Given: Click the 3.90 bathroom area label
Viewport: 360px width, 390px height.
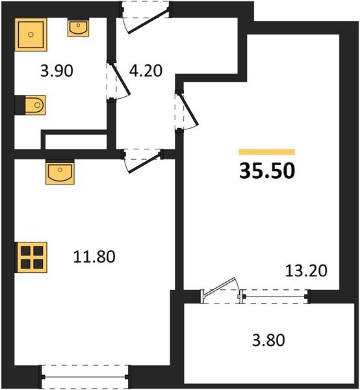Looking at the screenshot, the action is click(x=57, y=71).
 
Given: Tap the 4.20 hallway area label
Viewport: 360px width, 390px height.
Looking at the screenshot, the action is click(x=146, y=70).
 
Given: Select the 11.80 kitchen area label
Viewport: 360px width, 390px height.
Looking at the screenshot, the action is click(x=94, y=257).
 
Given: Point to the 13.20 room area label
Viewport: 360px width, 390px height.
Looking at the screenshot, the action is click(x=306, y=270).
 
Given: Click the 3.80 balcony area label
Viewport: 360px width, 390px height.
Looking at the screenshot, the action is click(x=268, y=340).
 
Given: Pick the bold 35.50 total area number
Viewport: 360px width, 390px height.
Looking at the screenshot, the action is click(x=267, y=171).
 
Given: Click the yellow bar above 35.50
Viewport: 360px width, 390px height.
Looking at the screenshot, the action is click(x=267, y=151).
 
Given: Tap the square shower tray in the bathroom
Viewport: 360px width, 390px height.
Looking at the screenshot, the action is click(x=31, y=34).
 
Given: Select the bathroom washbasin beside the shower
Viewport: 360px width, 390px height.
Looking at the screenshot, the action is click(x=79, y=29).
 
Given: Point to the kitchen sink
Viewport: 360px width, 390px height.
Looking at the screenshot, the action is click(x=60, y=172).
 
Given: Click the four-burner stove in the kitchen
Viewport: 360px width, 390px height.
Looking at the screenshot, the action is click(x=31, y=257).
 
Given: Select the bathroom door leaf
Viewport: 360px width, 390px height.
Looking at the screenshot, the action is click(x=121, y=79).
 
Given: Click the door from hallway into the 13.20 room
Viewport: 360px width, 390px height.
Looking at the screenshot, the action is click(x=189, y=109).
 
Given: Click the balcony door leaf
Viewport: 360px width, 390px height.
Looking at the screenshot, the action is click(x=220, y=287).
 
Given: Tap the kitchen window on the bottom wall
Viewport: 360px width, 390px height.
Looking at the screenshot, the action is click(x=85, y=377).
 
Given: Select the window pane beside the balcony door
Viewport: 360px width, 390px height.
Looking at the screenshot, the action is click(x=276, y=296).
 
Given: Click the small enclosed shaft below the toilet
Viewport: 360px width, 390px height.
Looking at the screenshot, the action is click(x=76, y=142).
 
